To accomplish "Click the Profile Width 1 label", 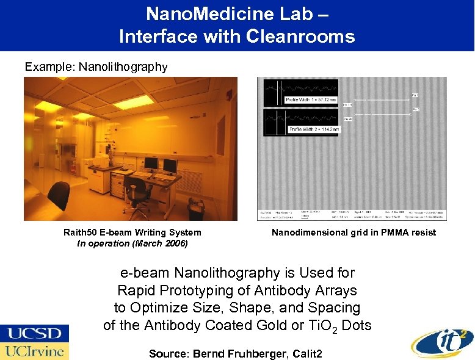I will [x=312, y=99].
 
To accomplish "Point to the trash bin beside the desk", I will [x=197, y=207].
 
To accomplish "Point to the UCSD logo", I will [x=34, y=334].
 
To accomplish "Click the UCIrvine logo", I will [x=34, y=351].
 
